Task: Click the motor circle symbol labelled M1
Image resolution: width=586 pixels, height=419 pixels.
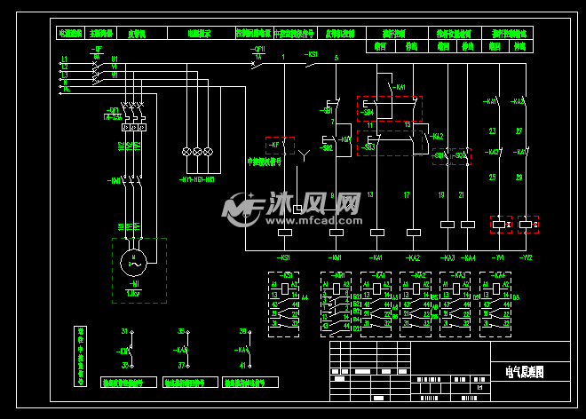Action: (136, 261)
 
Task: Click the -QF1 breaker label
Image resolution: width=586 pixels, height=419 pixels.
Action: (113, 109)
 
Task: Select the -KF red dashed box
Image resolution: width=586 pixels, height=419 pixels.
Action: (279, 146)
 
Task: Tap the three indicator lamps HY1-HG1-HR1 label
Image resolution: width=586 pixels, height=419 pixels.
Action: (197, 179)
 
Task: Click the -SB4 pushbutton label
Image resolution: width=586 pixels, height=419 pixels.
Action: (368, 114)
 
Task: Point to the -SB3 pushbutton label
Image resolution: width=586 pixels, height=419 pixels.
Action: (368, 146)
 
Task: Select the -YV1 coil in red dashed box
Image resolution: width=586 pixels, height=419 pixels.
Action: (501, 225)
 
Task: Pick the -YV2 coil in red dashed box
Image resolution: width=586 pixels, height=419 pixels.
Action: (528, 225)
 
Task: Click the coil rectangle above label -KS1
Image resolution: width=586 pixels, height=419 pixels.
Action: (285, 233)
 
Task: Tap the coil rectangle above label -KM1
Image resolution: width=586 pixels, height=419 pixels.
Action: (336, 233)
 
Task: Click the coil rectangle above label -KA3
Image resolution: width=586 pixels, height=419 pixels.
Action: (447, 225)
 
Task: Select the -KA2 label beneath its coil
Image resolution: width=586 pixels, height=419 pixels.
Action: (412, 257)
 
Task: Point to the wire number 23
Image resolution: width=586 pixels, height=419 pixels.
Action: (493, 131)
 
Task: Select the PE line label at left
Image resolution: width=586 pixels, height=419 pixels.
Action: (64, 89)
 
